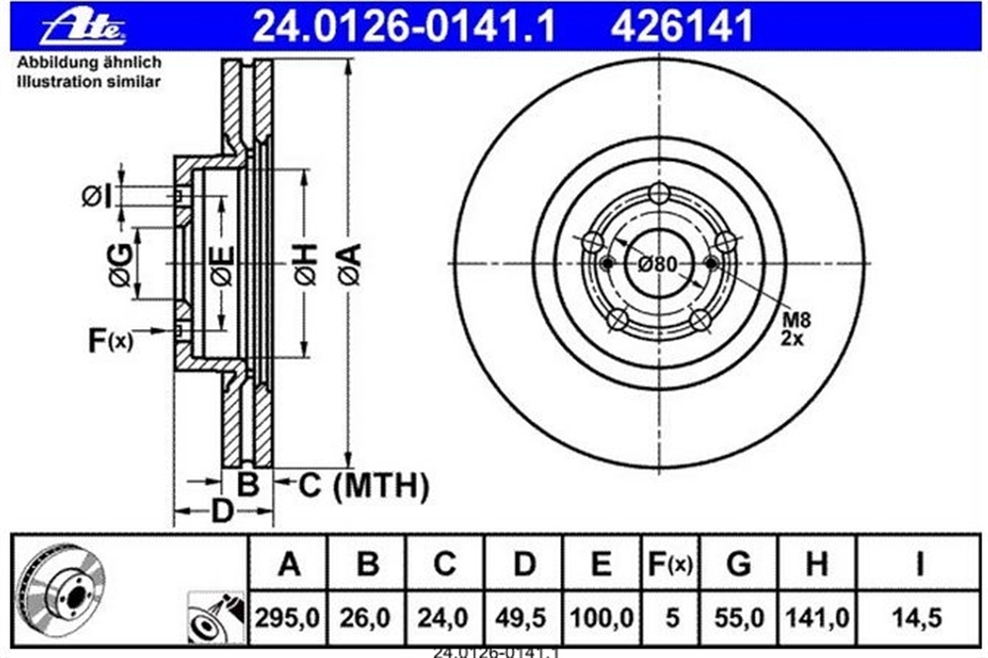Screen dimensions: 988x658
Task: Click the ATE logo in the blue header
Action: coord(83,29)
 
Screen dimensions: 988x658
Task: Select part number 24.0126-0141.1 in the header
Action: coord(403,27)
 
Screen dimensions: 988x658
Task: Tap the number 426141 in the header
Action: coord(683,27)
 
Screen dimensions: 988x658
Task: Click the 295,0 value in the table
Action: coord(288,618)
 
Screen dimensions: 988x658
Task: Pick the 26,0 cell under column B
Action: coord(366,618)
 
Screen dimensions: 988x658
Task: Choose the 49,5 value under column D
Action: coord(521,618)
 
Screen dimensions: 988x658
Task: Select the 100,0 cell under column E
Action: coord(601,618)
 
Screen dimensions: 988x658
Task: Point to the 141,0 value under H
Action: coord(817,618)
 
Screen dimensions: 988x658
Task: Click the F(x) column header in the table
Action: coord(671,564)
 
